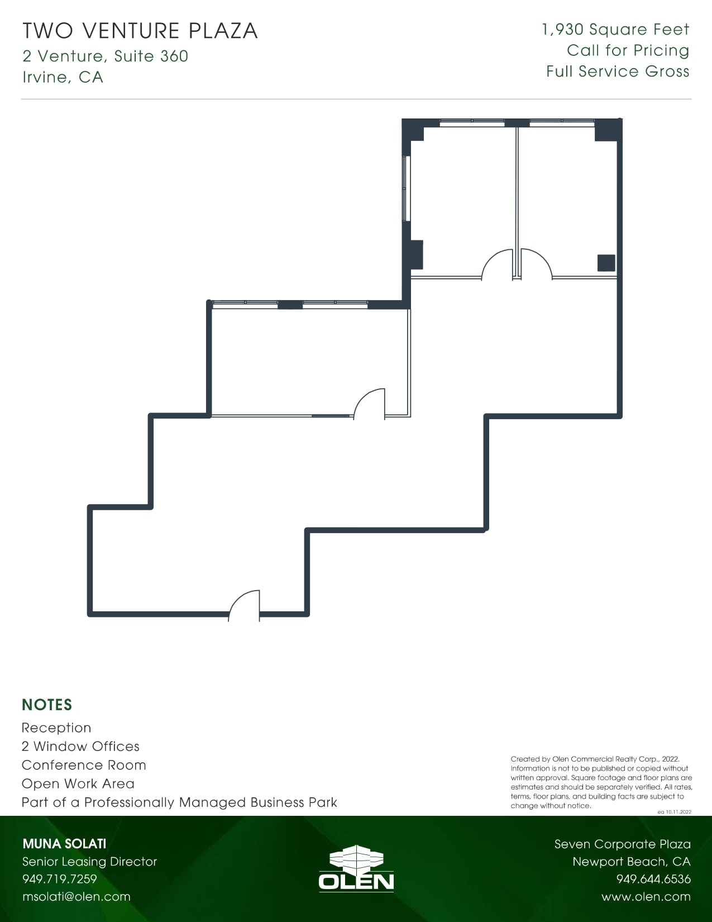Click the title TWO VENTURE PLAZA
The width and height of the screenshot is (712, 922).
pos(140,31)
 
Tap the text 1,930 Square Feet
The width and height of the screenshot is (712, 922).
pos(615,30)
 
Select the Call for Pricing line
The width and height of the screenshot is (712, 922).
pos(628,50)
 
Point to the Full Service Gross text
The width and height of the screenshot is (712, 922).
pos(618,72)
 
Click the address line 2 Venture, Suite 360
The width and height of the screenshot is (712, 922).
pos(106,56)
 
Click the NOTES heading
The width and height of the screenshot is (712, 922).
pos(47,705)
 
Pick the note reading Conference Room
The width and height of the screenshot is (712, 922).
pos(84,765)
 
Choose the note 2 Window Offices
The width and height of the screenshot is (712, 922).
pos(80,747)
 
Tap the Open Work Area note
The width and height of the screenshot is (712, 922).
pos(78,783)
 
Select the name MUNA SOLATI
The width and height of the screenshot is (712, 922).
pos(64,844)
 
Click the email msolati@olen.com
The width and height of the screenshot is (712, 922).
pos(77,896)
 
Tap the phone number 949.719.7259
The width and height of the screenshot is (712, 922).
pos(60,879)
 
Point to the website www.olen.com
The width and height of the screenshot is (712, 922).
pos(646,896)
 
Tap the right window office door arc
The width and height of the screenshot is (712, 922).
pos(535,264)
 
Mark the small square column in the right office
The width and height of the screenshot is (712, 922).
pos(606,263)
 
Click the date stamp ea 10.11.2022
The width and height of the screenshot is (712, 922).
pos(674,812)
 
